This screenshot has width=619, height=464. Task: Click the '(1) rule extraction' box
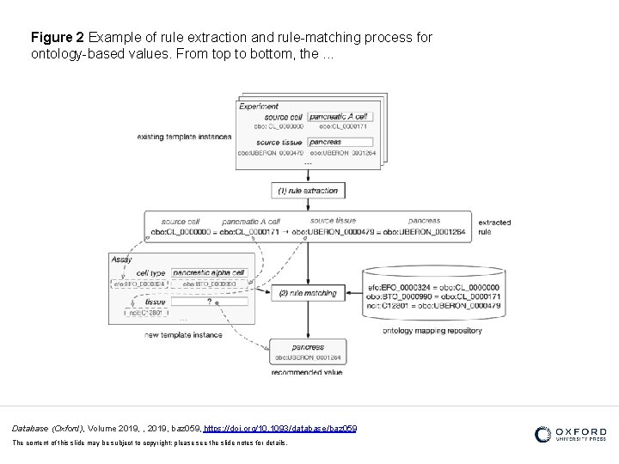pyautogui.click(x=308, y=191)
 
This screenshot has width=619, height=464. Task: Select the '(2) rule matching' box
pyautogui.click(x=308, y=294)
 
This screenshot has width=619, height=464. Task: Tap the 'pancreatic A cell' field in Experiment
pyautogui.click(x=339, y=116)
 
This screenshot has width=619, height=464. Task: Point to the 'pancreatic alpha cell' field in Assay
pyautogui.click(x=209, y=272)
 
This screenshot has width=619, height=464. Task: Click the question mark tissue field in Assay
pyautogui.click(x=209, y=302)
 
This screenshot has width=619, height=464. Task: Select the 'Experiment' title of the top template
pyautogui.click(x=259, y=107)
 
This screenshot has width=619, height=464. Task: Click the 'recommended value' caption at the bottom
pyautogui.click(x=307, y=372)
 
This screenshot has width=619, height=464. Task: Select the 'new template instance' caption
pyautogui.click(x=182, y=335)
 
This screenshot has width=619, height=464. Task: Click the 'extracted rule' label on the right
pyautogui.click(x=494, y=227)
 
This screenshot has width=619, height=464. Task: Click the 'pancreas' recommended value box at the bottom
pyautogui.click(x=308, y=352)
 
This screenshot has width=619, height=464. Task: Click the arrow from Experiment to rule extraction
pyautogui.click(x=308, y=172)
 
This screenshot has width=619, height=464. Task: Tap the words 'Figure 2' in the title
pyautogui.click(x=57, y=39)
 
